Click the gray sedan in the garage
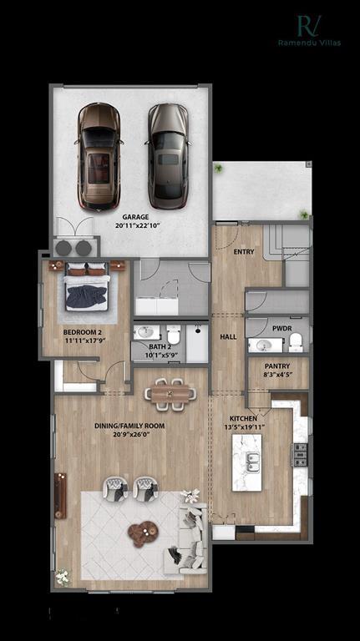pyautogui.click(x=168, y=156)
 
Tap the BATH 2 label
pyautogui.click(x=159, y=346)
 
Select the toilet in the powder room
pyautogui.click(x=294, y=343)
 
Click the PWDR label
pyautogui.click(x=281, y=329)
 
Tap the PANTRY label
pyautogui.click(x=277, y=366)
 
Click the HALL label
pyautogui.click(x=228, y=337)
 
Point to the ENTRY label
pyautogui.click(x=245, y=251)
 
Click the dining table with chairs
pyautogui.click(x=170, y=392)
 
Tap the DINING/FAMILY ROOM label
pyautogui.click(x=129, y=426)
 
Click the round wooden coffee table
pyautogui.click(x=142, y=532)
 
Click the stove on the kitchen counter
pyautogui.click(x=300, y=455)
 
